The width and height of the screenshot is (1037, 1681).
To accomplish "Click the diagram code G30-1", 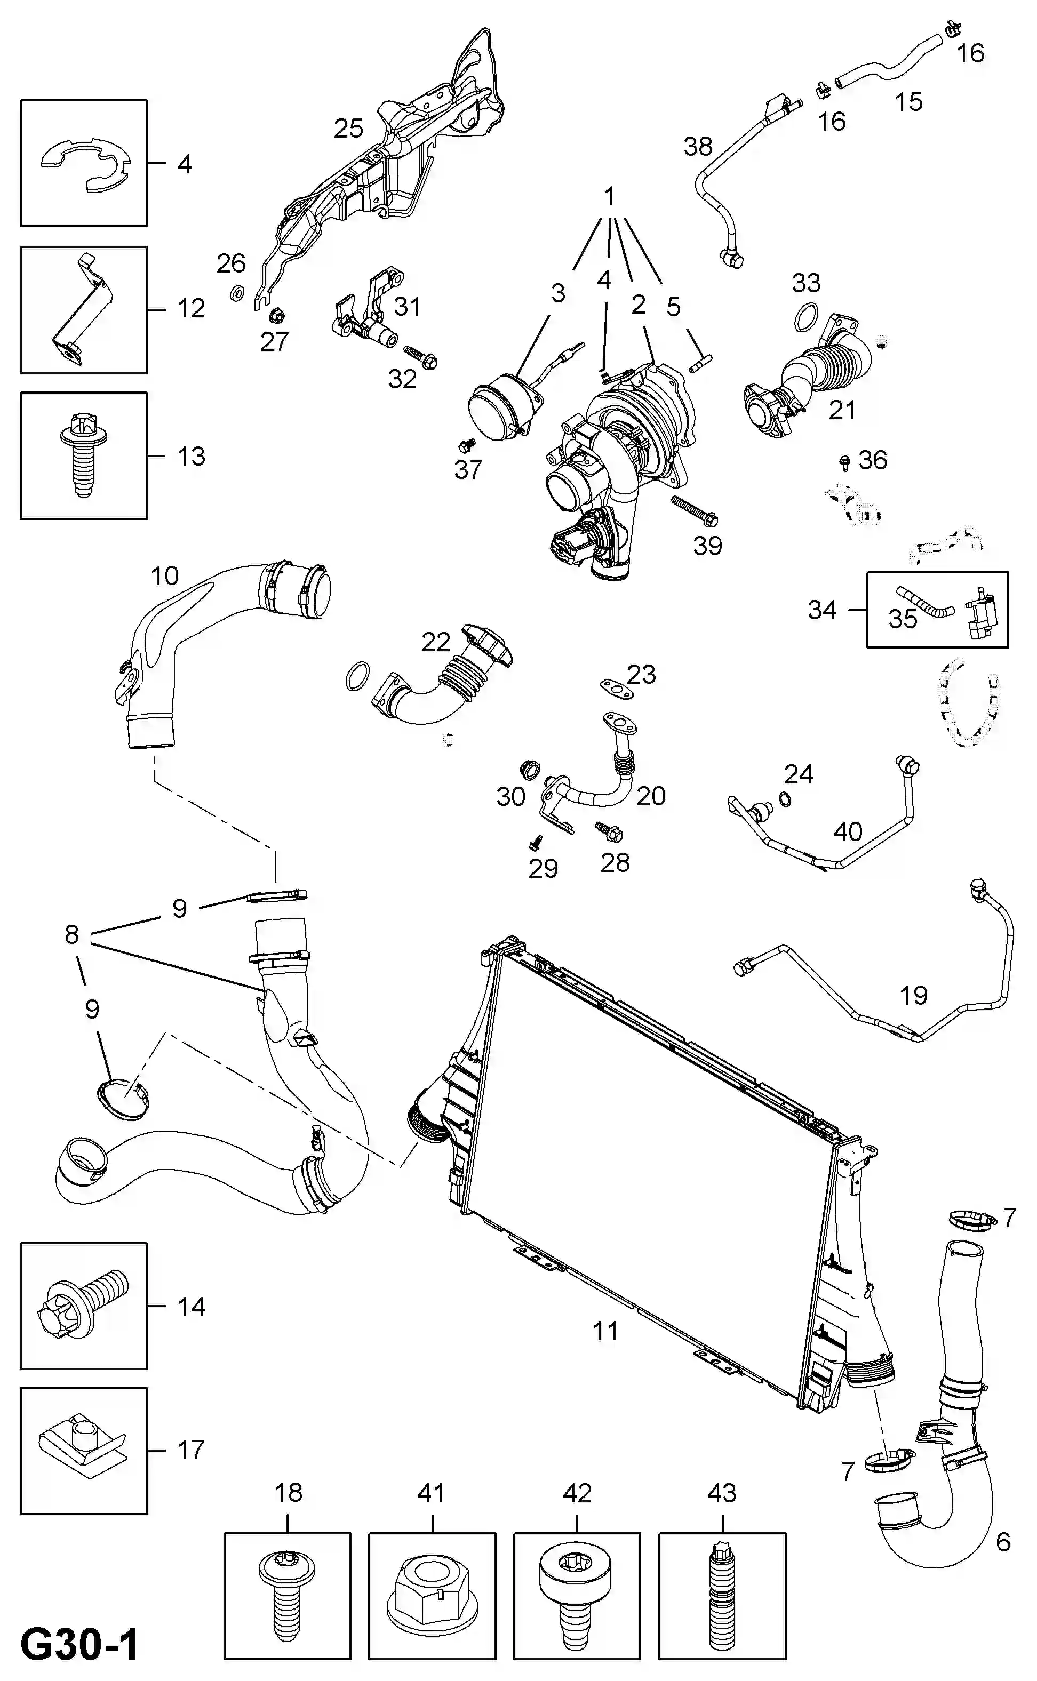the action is pyautogui.click(x=80, y=1645).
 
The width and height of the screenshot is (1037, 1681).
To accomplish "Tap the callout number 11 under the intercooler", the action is pyautogui.click(x=605, y=1331).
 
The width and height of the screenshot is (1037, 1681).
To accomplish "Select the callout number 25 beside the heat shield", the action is pyautogui.click(x=348, y=128).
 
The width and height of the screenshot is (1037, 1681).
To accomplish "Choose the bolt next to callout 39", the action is pyautogui.click(x=694, y=509).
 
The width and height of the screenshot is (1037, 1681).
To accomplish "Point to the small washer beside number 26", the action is pyautogui.click(x=236, y=293).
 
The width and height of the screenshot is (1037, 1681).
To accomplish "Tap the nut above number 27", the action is pyautogui.click(x=276, y=315).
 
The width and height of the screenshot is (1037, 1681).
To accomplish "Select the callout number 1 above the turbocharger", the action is pyautogui.click(x=610, y=196).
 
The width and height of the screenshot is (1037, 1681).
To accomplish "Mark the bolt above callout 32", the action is pyautogui.click(x=420, y=356).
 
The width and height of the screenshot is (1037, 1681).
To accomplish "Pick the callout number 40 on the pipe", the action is pyautogui.click(x=848, y=831).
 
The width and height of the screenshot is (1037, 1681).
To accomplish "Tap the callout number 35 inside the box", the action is pyautogui.click(x=903, y=619).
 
